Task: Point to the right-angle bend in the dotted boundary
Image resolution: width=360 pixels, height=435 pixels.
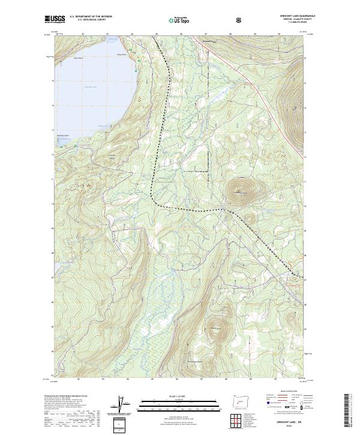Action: pos(153,202)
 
